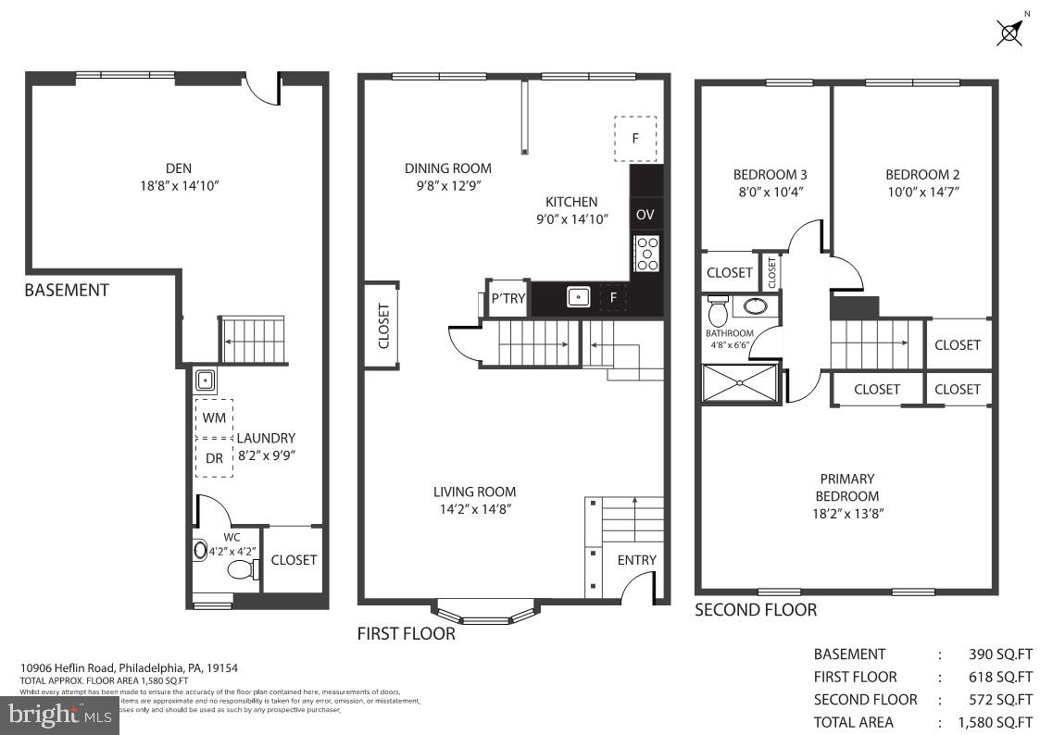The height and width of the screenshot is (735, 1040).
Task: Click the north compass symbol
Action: [x=1011, y=31]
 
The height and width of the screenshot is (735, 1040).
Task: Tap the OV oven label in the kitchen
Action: [x=645, y=215]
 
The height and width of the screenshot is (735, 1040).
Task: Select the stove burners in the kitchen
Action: [x=646, y=254]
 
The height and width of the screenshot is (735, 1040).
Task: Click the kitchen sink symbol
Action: [x=579, y=297]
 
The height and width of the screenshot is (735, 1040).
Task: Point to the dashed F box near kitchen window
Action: [x=635, y=139]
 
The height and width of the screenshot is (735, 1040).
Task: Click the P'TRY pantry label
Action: [x=507, y=297]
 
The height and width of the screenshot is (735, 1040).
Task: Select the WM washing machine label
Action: [x=213, y=417]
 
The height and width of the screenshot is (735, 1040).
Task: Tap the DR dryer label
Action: [x=213, y=457]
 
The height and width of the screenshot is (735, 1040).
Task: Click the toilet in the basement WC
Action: [x=243, y=569]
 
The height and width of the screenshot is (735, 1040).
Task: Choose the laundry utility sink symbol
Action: [x=206, y=380]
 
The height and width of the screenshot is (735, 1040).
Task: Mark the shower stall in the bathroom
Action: [x=741, y=384]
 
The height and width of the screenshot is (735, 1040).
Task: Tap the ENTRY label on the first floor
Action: [x=636, y=559]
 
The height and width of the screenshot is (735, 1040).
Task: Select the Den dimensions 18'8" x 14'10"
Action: [x=179, y=185]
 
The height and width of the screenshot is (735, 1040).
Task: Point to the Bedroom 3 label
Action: [x=770, y=174]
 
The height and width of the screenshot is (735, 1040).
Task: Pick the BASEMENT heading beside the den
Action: [x=67, y=290]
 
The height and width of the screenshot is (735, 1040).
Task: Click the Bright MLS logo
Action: [x=59, y=714]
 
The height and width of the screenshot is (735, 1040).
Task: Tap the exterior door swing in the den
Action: [x=263, y=89]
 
